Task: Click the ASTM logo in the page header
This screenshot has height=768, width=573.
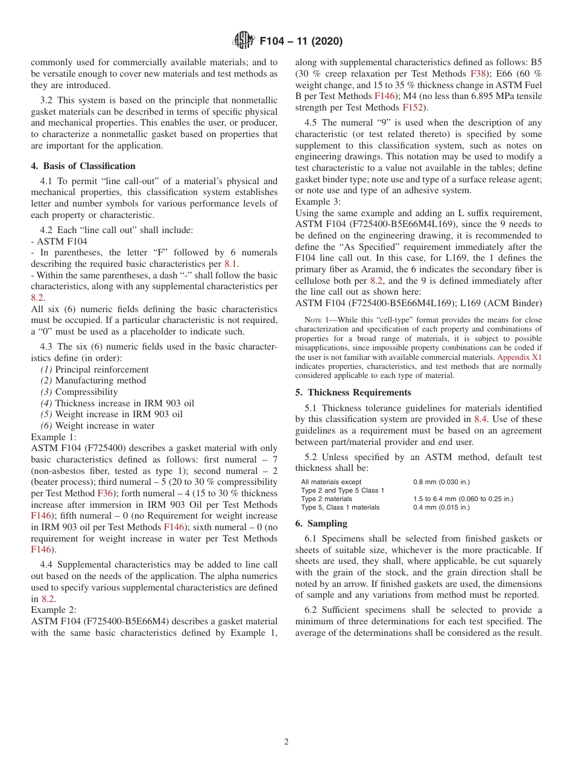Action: coord(244,41)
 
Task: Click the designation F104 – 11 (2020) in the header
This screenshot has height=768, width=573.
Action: coord(300,42)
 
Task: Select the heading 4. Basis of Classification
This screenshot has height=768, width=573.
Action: coord(83,166)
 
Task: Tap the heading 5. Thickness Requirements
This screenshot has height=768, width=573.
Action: coord(353,392)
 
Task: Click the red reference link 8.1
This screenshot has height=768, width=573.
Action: coord(231,264)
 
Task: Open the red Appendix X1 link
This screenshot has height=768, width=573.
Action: coord(519,357)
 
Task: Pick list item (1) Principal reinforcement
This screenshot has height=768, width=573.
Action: coord(95,370)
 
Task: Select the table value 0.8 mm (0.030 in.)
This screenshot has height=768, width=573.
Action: coord(441,482)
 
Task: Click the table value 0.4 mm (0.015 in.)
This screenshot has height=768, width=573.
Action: coord(441,507)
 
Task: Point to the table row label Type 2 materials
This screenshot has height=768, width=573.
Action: coord(326,499)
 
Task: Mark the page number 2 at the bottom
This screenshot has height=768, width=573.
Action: coord(286,742)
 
